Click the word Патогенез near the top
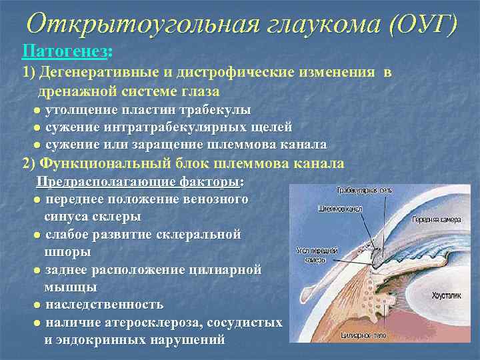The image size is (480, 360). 65,50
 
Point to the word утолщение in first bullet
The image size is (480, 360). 79,109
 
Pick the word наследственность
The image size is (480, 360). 105,305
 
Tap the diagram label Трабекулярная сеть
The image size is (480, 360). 364,191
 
